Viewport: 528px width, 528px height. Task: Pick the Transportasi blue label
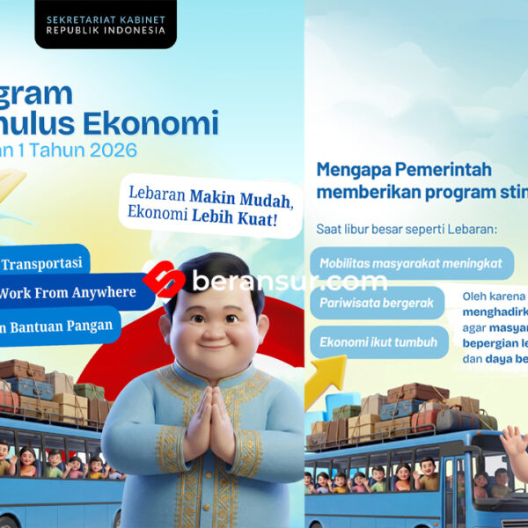tap(44, 263)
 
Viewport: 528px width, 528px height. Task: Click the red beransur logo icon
tap(165, 281)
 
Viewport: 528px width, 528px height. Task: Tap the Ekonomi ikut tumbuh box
tap(377, 341)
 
